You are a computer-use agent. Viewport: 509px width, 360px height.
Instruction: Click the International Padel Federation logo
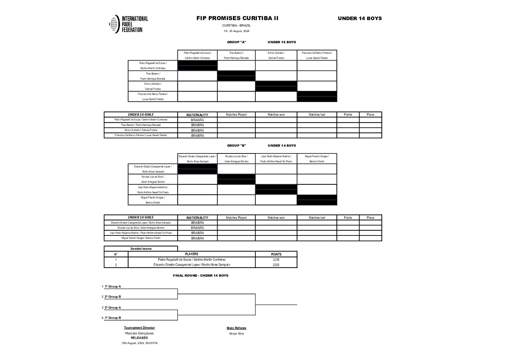tap(128, 24)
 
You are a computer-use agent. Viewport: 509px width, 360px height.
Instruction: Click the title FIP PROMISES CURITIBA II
tap(237, 18)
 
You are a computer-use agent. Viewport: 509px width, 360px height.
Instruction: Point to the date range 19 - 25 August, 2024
tap(236, 31)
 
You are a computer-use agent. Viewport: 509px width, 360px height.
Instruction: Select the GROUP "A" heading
tap(236, 42)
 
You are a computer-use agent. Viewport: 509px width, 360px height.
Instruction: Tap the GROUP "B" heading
tap(236, 146)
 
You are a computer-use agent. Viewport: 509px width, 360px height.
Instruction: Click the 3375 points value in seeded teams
tap(276, 260)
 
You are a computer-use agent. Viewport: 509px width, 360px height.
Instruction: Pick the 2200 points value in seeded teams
tap(276, 265)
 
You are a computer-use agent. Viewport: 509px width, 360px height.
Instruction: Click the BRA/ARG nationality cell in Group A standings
tap(197, 120)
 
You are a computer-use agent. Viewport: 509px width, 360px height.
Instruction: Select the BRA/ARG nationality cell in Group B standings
tap(197, 228)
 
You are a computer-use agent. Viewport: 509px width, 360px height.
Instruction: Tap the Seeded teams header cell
tap(141, 249)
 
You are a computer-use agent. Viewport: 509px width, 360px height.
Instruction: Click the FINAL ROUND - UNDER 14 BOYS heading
tap(200, 275)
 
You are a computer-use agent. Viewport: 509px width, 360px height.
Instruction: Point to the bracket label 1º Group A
tap(113, 287)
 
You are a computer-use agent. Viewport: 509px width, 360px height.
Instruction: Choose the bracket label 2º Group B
tap(113, 297)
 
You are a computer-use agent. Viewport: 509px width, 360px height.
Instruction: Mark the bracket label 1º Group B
tap(113, 318)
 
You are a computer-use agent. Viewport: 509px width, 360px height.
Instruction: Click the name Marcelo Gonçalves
tap(139, 333)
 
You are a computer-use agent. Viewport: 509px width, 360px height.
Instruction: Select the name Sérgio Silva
tap(236, 333)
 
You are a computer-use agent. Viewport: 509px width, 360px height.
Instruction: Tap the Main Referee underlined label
tap(236, 328)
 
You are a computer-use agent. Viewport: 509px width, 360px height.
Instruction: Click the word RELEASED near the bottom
tap(139, 338)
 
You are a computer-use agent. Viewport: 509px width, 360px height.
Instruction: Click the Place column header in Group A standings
tap(370, 115)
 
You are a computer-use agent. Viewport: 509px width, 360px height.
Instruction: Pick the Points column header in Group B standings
tap(348, 218)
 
